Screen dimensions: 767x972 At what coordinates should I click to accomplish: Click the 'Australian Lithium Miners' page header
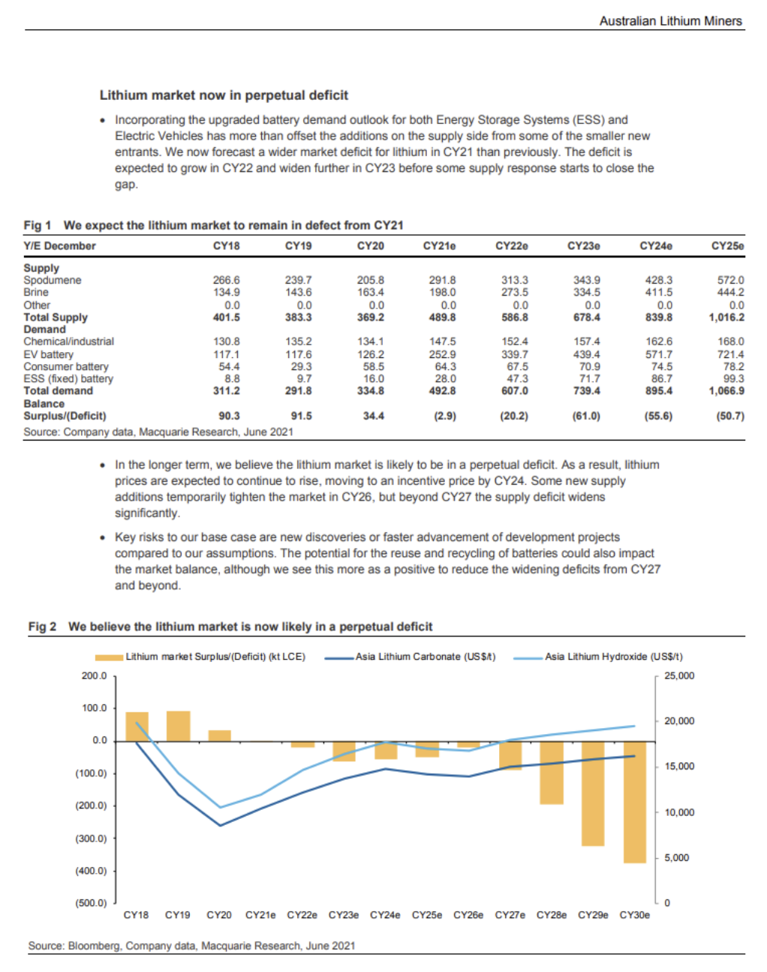click(670, 21)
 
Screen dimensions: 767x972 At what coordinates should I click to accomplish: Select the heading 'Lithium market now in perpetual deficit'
click(224, 95)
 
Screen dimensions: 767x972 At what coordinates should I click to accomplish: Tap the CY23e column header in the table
click(583, 245)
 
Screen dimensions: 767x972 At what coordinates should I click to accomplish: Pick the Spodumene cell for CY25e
click(730, 280)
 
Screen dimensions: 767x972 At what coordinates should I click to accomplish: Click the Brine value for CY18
click(227, 292)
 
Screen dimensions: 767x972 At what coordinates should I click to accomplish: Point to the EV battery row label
click(48, 354)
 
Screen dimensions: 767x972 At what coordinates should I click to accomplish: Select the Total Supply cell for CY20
click(371, 317)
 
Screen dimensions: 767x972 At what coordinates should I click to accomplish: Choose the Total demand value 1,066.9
click(726, 391)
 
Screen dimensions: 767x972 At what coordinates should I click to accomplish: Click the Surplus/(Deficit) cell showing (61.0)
click(586, 416)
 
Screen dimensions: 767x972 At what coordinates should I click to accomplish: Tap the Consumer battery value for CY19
click(301, 366)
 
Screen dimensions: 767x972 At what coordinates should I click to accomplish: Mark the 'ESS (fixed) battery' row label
click(68, 378)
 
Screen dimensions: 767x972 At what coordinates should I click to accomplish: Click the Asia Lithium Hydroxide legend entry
click(597, 657)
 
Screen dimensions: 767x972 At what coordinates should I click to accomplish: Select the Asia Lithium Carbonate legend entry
click(410, 657)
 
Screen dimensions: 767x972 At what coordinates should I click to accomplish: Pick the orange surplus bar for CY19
click(178, 727)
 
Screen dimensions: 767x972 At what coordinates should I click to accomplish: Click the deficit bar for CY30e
click(635, 802)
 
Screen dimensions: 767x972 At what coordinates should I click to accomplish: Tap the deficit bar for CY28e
click(552, 773)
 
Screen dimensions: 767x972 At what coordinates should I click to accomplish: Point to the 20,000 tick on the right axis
click(679, 721)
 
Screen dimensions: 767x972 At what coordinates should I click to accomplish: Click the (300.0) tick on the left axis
click(91, 838)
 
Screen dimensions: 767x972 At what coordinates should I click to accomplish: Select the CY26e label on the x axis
click(468, 915)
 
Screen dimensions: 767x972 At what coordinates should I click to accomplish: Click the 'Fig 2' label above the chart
click(43, 627)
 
